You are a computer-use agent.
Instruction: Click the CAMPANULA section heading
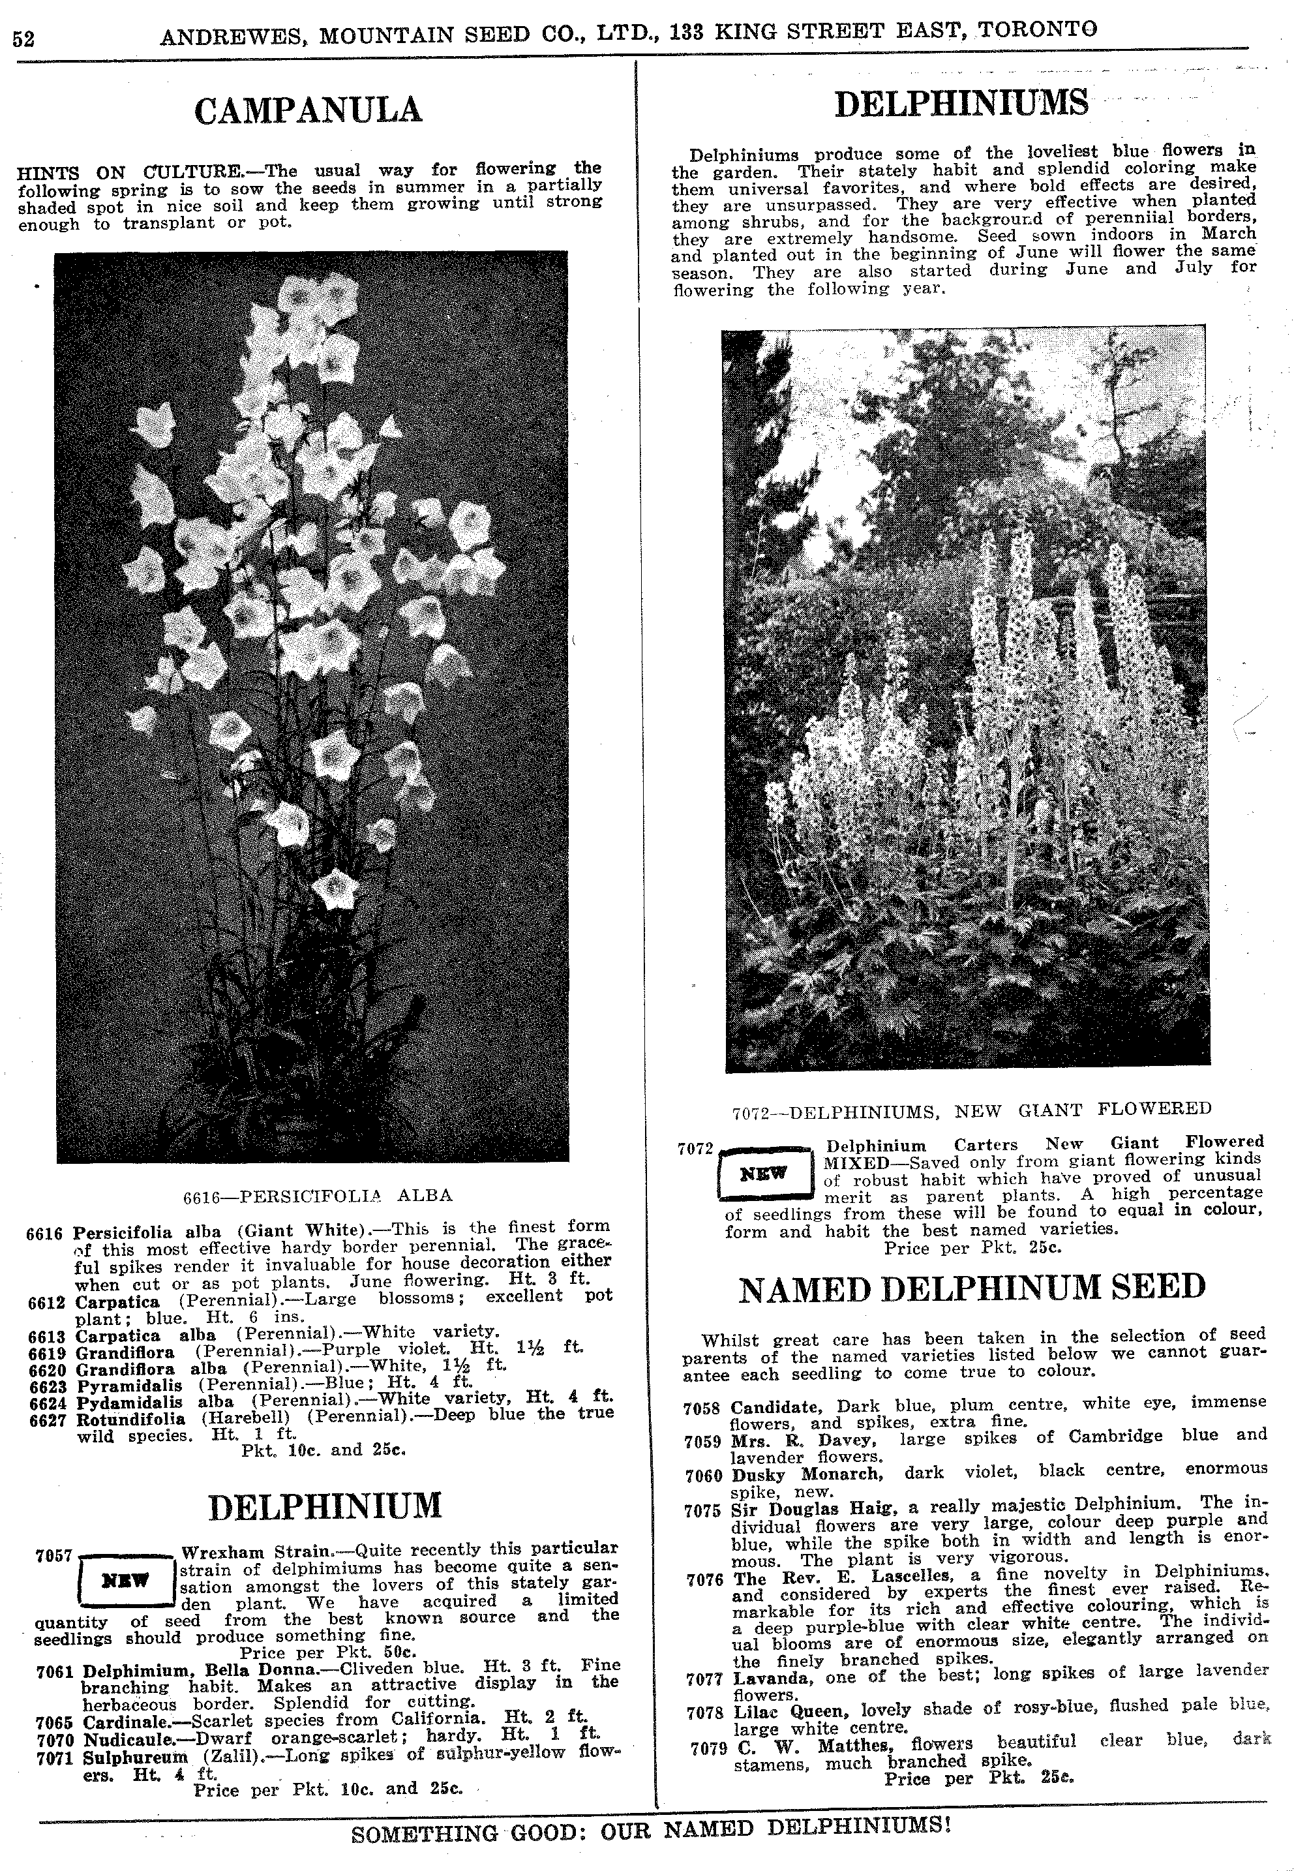(308, 110)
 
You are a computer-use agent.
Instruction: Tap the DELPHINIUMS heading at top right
(961, 104)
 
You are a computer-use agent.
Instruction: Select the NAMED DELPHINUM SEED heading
(972, 1288)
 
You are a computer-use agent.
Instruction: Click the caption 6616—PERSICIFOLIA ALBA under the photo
(318, 1194)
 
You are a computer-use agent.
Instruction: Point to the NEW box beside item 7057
(126, 1581)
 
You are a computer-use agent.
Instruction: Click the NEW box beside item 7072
(764, 1173)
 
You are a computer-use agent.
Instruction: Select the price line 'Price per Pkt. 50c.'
(327, 1652)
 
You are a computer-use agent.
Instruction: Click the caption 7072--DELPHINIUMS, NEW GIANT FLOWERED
(971, 1110)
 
